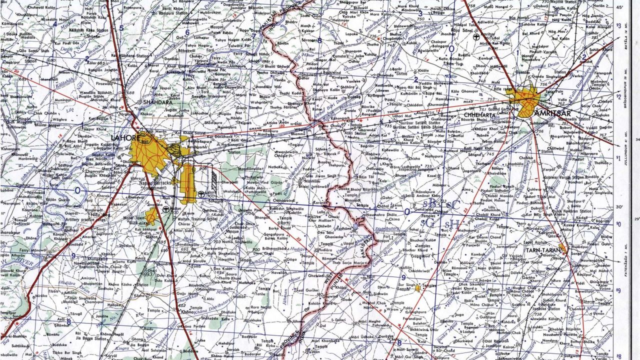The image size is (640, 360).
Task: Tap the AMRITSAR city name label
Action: pyautogui.click(x=549, y=113)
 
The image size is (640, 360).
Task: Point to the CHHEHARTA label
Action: pyautogui.click(x=479, y=115)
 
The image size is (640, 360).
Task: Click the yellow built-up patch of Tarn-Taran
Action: pyautogui.click(x=562, y=247)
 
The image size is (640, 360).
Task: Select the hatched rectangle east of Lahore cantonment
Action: pyautogui.click(x=214, y=180)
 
